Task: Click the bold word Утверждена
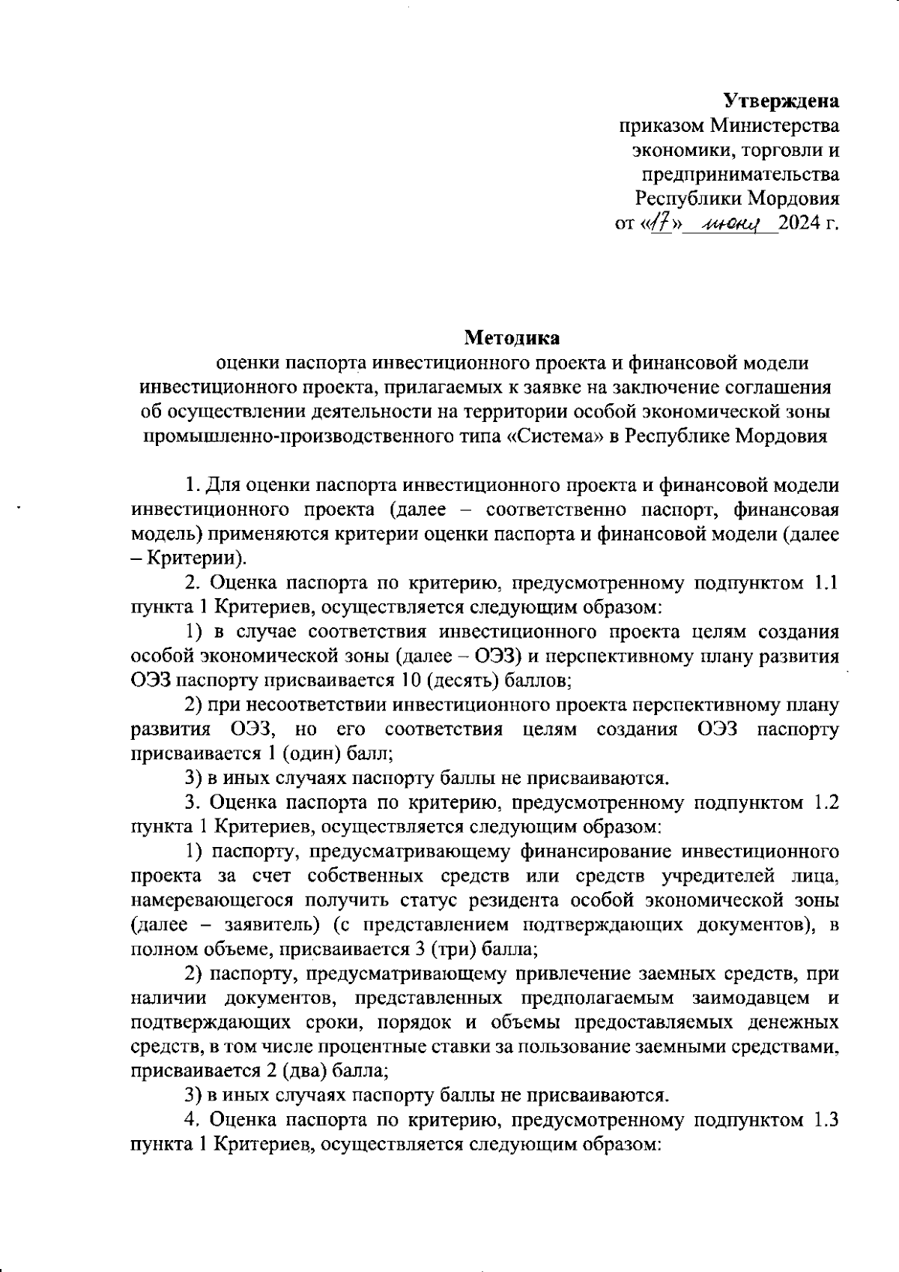pyautogui.click(x=781, y=100)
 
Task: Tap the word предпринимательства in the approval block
pyautogui.click(x=739, y=174)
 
